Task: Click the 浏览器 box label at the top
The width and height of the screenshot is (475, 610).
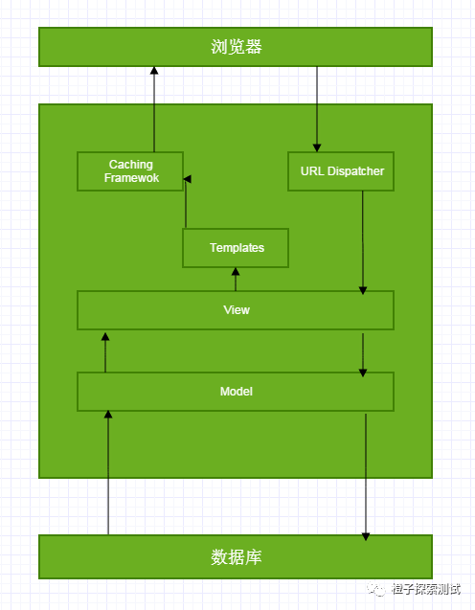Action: (x=237, y=47)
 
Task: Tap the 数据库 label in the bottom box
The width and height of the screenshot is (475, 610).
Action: (x=237, y=556)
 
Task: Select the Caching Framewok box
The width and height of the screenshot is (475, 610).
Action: (x=130, y=171)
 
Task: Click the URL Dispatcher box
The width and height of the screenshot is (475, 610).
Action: (x=341, y=171)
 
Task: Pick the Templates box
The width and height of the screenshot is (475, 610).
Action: (x=236, y=248)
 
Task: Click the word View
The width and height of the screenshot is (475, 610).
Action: (x=237, y=310)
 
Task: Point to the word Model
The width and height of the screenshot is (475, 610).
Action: (x=237, y=392)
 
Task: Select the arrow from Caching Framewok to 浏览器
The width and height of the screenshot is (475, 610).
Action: (x=154, y=109)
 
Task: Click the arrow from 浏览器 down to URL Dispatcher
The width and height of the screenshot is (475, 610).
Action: (x=317, y=109)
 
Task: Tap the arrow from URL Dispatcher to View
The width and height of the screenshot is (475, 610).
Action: (x=363, y=242)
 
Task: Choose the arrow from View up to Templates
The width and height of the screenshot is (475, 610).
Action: (x=236, y=279)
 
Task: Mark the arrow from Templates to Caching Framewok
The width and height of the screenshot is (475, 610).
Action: (x=186, y=202)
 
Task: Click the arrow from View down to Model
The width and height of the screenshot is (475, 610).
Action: (x=363, y=354)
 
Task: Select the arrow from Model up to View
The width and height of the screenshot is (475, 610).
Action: (x=105, y=352)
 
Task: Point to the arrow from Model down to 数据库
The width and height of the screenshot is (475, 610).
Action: (x=366, y=477)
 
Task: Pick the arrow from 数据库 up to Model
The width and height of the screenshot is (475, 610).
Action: (x=108, y=473)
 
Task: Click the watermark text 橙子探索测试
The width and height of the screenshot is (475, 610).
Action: (x=426, y=589)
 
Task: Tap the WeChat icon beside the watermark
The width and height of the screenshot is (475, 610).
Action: (x=375, y=589)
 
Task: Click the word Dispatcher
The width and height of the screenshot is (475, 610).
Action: (x=355, y=171)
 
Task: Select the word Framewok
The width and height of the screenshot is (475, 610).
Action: (x=131, y=178)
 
